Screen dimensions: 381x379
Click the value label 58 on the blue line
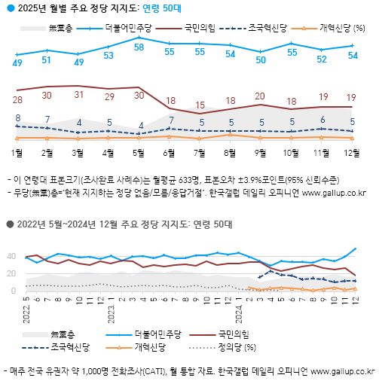pyautogui.click(x=139, y=47)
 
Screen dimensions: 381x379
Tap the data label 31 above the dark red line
pyautogui.click(x=78, y=95)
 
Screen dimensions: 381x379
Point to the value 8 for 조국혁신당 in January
pyautogui.click(x=17, y=117)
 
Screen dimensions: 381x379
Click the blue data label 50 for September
pyautogui.click(x=261, y=60)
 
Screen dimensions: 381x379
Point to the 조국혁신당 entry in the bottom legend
pyautogui.click(x=68, y=347)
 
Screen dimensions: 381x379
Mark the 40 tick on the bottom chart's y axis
pyautogui.click(x=11, y=256)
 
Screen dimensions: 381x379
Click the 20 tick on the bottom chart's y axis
pyautogui.click(x=11, y=273)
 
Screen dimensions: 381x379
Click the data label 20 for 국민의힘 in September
pyautogui.click(x=261, y=96)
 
